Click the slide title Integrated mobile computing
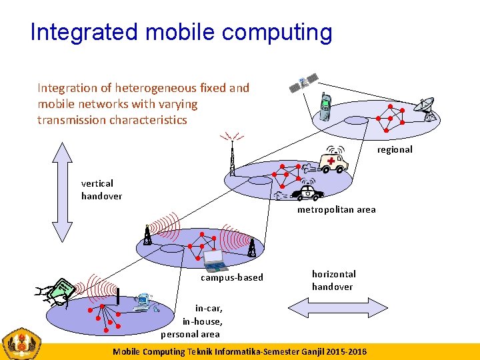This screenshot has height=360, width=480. pyautogui.click(x=181, y=31)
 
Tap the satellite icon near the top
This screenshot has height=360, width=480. pyautogui.click(x=303, y=83)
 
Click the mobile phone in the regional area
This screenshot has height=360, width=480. pyautogui.click(x=325, y=107)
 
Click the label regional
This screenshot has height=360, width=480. pyautogui.click(x=394, y=149)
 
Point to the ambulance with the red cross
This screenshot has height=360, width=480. pyautogui.click(x=333, y=161)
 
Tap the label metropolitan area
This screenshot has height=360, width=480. pyautogui.click(x=336, y=209)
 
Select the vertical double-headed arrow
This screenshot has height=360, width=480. pyautogui.click(x=62, y=192)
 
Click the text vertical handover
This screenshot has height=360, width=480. pyautogui.click(x=101, y=189)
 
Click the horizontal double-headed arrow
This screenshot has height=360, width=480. pyautogui.click(x=333, y=311)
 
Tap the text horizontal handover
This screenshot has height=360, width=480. pyautogui.click(x=333, y=280)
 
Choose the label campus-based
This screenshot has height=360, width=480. pyautogui.click(x=232, y=277)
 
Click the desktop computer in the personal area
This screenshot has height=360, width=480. pyautogui.click(x=142, y=303)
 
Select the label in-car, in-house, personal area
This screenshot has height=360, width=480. pyautogui.click(x=191, y=321)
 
